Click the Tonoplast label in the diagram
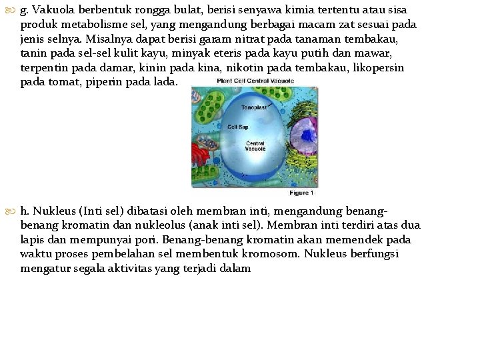click(254, 106)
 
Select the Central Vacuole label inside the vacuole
click(255, 146)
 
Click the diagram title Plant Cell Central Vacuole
click(255, 81)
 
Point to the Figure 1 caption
click(301, 193)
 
